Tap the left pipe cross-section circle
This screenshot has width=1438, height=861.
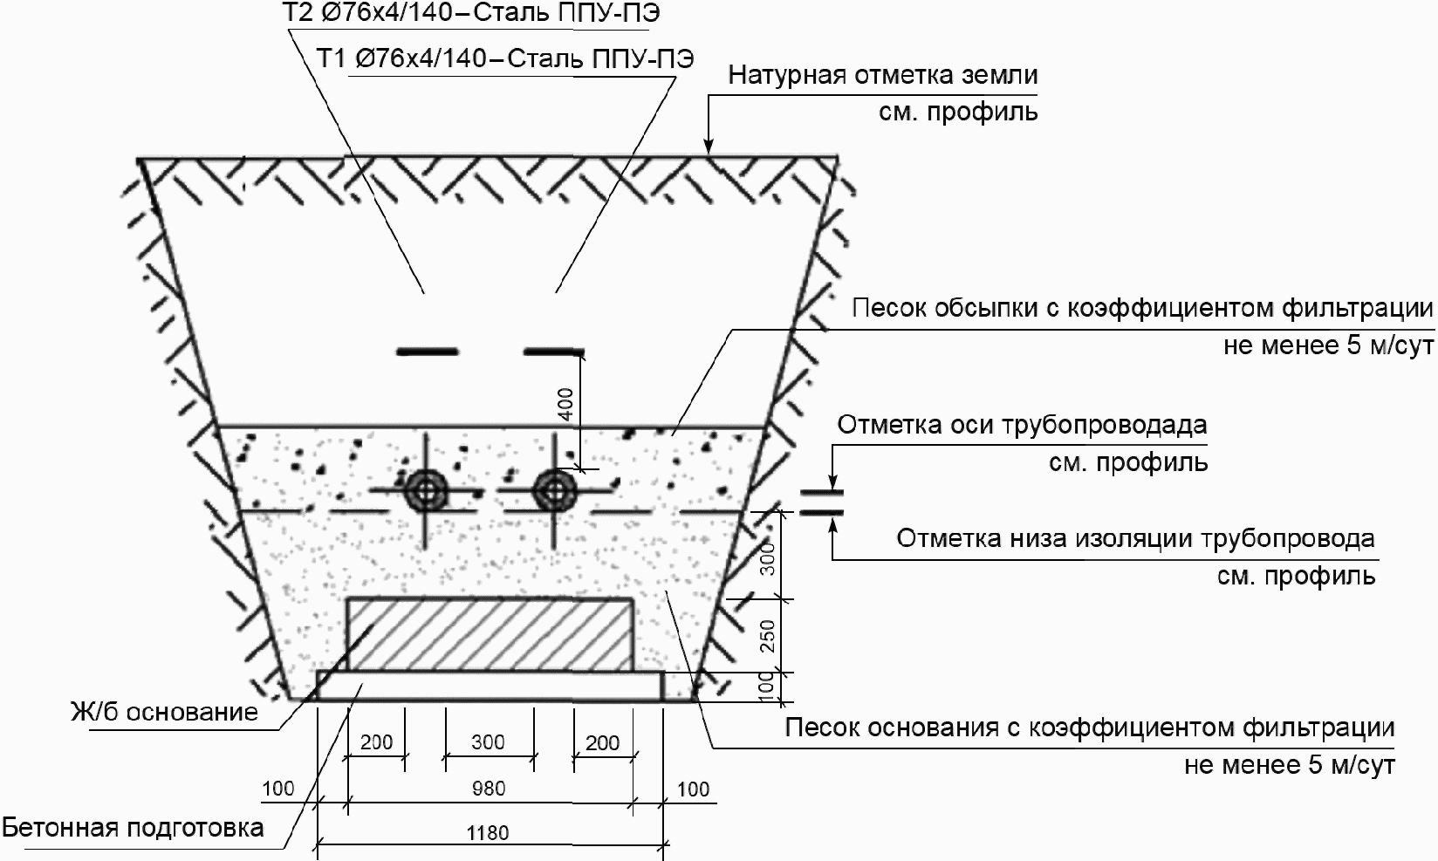tap(426, 491)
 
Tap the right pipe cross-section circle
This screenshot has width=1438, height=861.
tap(553, 491)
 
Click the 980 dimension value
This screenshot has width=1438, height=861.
tap(488, 789)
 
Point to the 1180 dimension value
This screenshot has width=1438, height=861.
tap(488, 833)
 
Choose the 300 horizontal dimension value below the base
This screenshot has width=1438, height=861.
tap(488, 742)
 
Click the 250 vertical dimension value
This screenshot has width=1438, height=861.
tap(767, 635)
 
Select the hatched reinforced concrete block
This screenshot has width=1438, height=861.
tap(490, 634)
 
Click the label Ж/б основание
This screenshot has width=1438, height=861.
tap(165, 713)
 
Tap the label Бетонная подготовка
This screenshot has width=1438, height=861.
tap(133, 827)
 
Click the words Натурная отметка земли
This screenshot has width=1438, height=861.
tap(883, 75)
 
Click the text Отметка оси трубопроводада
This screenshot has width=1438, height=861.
tap(1022, 426)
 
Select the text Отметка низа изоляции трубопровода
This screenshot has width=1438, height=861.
tap(1135, 538)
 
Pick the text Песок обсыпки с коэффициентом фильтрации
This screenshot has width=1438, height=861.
tap(1142, 309)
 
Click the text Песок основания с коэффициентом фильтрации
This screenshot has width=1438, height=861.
tap(1090, 728)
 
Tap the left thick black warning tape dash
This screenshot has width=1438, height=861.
tap(428, 352)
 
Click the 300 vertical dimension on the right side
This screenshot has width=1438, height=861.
tap(767, 557)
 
